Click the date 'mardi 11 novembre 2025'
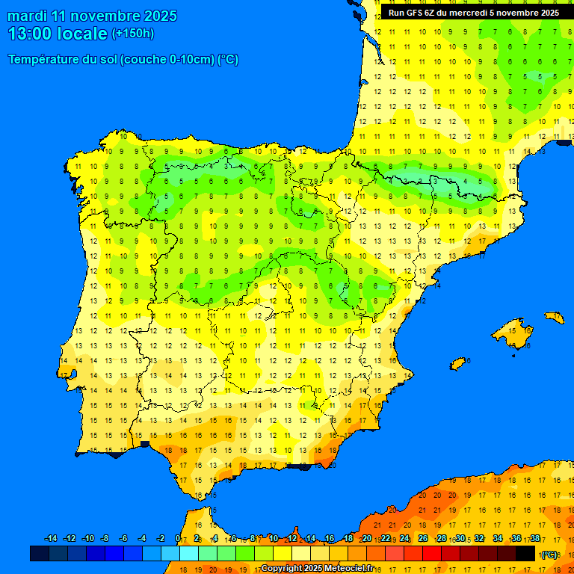coord(93,16)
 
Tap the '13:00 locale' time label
coord(58,34)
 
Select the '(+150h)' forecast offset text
coord(132,34)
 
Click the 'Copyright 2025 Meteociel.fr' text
coord(317,568)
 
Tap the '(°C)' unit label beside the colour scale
coord(549,554)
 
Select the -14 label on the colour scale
coord(51,539)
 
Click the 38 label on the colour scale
coord(535,539)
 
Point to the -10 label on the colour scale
coord(87,539)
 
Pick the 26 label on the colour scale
coord(423,539)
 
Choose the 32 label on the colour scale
coord(479,539)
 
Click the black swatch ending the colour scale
coord(525,553)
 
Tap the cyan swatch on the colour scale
coord(188,553)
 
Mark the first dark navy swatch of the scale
coord(40,553)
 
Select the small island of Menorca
coord(554,317)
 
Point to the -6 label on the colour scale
coord(124,539)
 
